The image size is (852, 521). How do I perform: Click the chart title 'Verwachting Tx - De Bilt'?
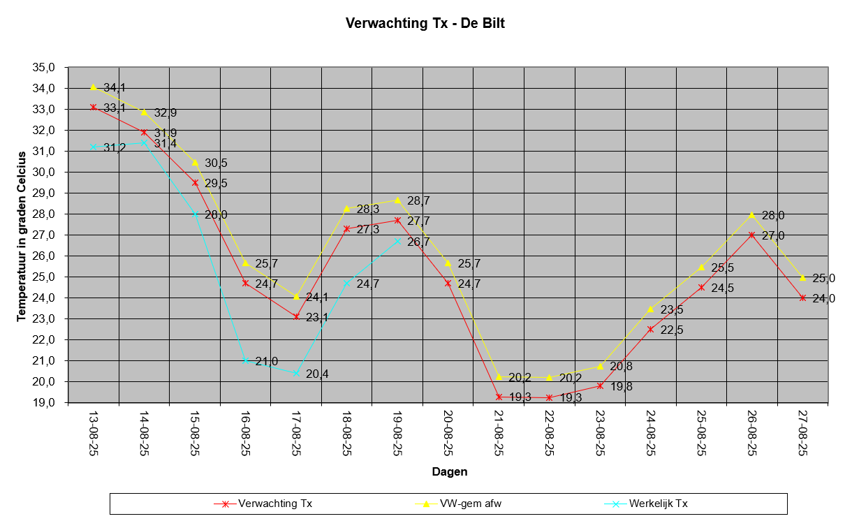(425, 23)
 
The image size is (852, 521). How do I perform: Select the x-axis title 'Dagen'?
(449, 471)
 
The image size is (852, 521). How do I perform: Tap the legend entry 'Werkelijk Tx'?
(659, 503)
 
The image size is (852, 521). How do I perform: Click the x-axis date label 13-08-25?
(93, 433)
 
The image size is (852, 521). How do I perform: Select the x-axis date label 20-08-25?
(448, 433)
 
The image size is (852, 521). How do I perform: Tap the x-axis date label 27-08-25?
(802, 433)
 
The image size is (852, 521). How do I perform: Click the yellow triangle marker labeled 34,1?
(93, 87)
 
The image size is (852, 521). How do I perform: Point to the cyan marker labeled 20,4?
(296, 374)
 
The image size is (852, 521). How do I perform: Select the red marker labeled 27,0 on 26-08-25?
(752, 235)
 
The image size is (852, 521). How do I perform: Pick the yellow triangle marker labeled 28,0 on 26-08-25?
(752, 214)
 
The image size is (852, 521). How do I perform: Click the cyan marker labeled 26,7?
(397, 242)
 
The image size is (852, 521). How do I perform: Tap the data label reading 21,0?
(267, 361)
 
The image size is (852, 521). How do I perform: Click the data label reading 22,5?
(672, 330)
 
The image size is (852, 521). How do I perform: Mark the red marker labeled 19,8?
(600, 386)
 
